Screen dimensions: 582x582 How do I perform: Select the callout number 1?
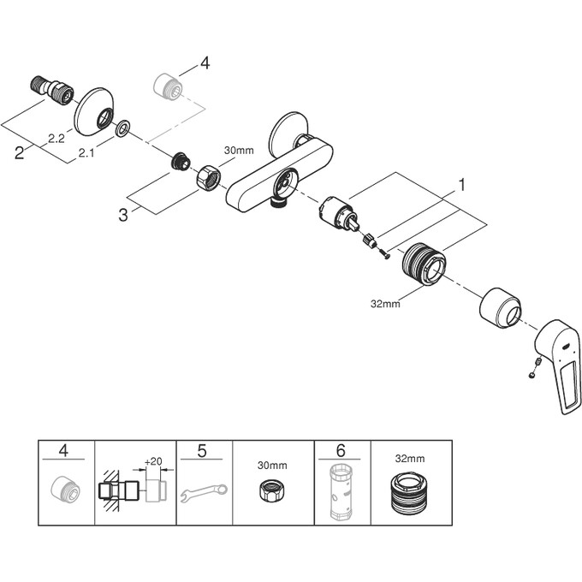(x=461, y=185)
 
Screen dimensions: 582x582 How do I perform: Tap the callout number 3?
(x=123, y=215)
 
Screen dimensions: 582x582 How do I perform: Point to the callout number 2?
(x=20, y=152)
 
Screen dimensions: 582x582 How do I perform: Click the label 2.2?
(x=56, y=139)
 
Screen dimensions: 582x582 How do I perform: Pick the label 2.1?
(x=86, y=152)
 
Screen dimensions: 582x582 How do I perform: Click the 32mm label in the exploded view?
(x=385, y=304)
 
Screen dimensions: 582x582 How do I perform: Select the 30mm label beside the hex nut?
(x=239, y=151)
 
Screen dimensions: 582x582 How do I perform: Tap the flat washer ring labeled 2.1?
(x=122, y=128)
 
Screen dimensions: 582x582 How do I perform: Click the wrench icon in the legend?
(x=205, y=492)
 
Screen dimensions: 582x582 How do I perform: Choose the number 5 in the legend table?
(x=202, y=451)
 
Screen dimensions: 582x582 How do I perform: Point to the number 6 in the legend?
(x=341, y=450)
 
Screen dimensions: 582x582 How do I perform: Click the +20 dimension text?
(x=153, y=461)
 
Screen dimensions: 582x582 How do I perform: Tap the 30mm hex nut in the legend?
(x=272, y=490)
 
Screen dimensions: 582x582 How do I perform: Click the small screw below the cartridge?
(x=384, y=254)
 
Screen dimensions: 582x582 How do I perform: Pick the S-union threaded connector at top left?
(x=51, y=90)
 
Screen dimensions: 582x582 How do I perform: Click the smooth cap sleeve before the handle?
(x=501, y=307)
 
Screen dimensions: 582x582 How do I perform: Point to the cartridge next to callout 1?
(x=339, y=214)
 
